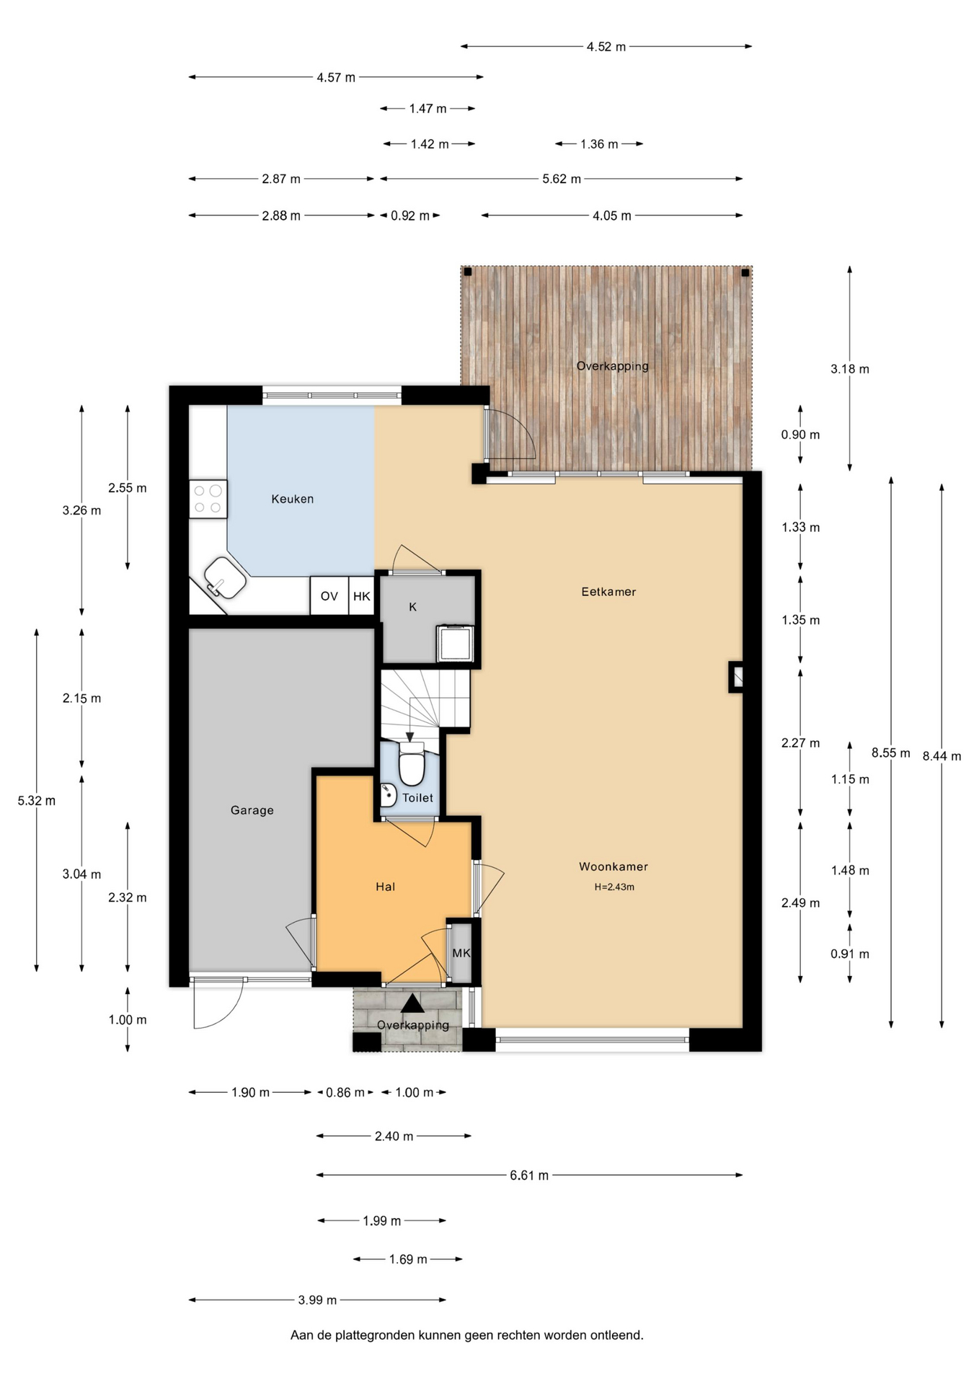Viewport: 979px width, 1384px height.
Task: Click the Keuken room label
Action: (292, 499)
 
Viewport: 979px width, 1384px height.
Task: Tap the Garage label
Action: (252, 810)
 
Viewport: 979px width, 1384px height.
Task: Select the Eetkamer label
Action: (608, 592)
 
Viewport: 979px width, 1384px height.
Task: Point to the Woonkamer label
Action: (613, 866)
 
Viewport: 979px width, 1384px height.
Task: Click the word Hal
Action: (385, 887)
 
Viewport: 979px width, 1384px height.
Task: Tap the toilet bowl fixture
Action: (412, 765)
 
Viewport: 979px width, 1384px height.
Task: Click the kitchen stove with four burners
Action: (208, 499)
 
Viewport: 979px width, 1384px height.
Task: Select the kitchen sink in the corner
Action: (225, 578)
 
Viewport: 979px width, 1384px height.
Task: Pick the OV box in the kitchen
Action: (329, 596)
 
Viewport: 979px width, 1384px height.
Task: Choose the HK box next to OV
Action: (362, 596)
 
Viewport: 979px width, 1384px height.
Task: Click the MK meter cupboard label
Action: (461, 953)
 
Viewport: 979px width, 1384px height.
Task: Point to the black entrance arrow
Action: (412, 1003)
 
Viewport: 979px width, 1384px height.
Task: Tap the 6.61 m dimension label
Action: (529, 1176)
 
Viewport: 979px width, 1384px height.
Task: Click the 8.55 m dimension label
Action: (890, 753)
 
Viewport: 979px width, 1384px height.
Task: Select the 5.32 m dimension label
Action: (36, 801)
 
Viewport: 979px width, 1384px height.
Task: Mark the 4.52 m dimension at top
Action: (606, 47)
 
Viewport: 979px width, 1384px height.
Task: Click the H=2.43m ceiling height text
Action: (614, 887)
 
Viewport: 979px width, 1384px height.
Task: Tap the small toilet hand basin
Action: (388, 794)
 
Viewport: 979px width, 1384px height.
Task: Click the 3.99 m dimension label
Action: (317, 1300)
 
